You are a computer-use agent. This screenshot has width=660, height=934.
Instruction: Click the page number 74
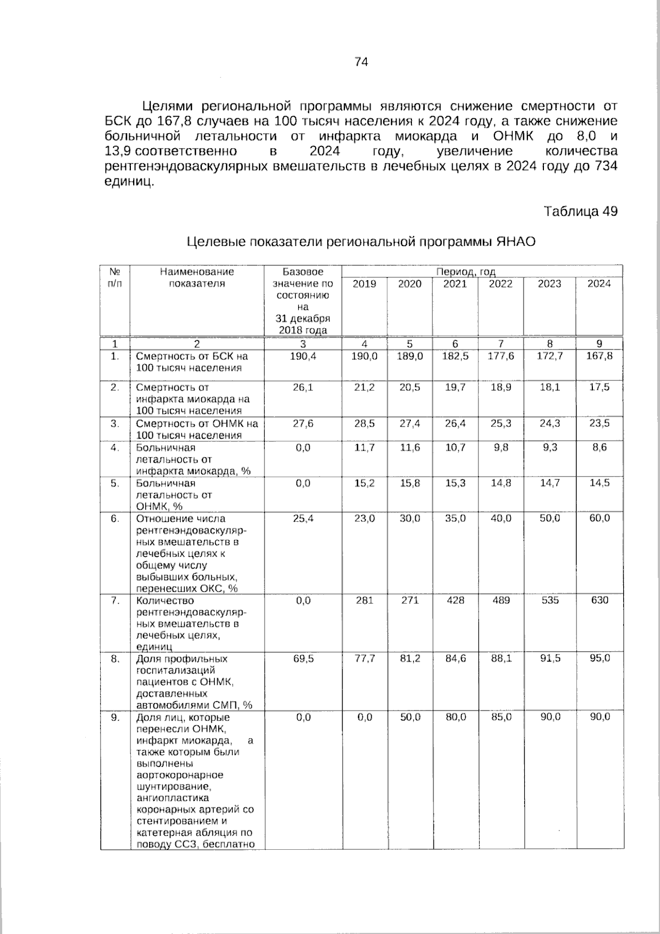pyautogui.click(x=361, y=62)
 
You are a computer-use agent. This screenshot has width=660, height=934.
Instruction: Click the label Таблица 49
pyautogui.click(x=581, y=211)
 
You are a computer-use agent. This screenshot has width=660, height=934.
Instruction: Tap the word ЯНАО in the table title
pyautogui.click(x=516, y=242)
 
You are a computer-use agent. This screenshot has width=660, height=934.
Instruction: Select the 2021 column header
pyautogui.click(x=455, y=284)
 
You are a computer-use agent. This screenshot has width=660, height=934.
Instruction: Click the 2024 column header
pyautogui.click(x=599, y=284)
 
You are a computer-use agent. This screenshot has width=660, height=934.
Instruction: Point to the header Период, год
pyautogui.click(x=466, y=272)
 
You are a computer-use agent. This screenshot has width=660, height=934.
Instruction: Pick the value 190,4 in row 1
pyautogui.click(x=302, y=357)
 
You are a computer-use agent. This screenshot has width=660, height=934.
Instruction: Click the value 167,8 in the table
pyautogui.click(x=599, y=357)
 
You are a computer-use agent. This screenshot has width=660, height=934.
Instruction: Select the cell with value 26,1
pyautogui.click(x=302, y=387)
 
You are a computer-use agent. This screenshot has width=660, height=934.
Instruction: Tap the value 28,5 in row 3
pyautogui.click(x=364, y=424)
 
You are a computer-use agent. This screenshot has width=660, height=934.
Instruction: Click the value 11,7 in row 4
pyautogui.click(x=364, y=448)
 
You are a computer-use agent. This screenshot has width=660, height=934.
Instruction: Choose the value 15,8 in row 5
pyautogui.click(x=410, y=483)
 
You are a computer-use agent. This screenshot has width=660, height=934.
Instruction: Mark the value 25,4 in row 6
pyautogui.click(x=302, y=518)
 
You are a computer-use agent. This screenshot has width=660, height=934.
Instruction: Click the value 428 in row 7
pyautogui.click(x=455, y=600)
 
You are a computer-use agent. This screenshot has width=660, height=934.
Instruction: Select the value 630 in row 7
pyautogui.click(x=599, y=600)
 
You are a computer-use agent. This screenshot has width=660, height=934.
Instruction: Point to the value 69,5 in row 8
pyautogui.click(x=302, y=659)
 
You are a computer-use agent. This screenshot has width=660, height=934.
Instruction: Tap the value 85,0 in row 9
pyautogui.click(x=501, y=717)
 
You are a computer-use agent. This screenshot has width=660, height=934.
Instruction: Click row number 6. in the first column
pyautogui.click(x=114, y=518)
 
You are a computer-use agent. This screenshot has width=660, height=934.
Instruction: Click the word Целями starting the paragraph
pyautogui.click(x=167, y=106)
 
